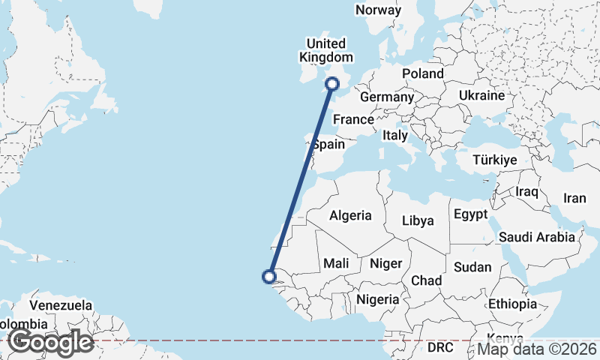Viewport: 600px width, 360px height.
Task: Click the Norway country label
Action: pos(378,10)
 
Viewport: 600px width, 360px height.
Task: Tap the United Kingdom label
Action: pos(325,50)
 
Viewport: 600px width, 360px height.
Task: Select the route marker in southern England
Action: pos(334,84)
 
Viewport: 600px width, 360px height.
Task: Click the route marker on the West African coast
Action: pos(268,277)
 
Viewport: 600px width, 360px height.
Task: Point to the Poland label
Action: pos(423,73)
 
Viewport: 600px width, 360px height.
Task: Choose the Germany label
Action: pos(387,97)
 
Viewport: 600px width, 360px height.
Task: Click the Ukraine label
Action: pos(481,96)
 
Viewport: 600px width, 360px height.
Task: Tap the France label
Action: pos(353,119)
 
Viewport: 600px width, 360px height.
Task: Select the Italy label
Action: pos(394,136)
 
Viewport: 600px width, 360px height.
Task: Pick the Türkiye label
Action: pos(495,160)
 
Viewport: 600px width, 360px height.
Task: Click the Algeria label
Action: pos(350,215)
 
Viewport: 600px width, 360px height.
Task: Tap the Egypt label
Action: pos(470,214)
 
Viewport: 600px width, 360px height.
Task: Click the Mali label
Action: pos(335,263)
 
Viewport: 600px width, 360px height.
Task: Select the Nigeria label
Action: pos(377,298)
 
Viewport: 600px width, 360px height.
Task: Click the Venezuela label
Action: pos(61,305)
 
